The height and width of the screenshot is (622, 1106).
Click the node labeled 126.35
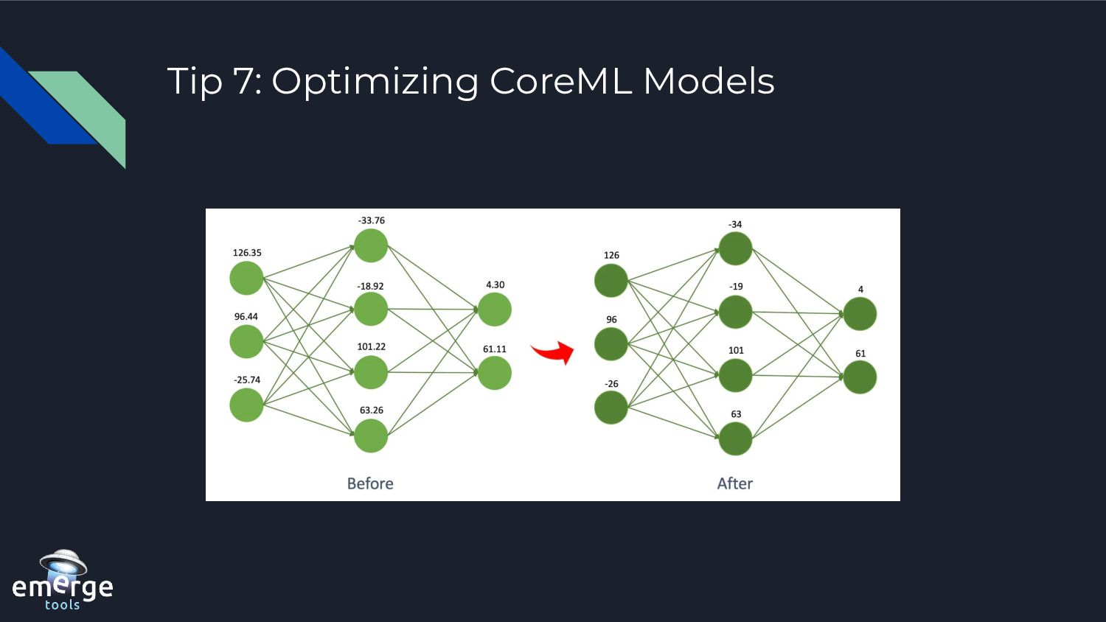(x=246, y=279)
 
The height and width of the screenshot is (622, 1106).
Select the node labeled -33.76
(x=371, y=246)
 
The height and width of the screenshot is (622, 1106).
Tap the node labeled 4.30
(x=495, y=310)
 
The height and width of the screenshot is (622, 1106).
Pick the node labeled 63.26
(x=371, y=436)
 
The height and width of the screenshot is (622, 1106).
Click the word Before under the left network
(x=370, y=483)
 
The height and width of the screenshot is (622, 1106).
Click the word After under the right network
(x=734, y=483)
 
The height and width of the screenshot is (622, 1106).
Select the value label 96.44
(x=246, y=317)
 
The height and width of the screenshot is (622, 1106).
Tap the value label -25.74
(x=247, y=380)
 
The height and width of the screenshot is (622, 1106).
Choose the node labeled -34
(x=735, y=249)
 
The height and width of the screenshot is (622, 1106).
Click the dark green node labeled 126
(x=611, y=281)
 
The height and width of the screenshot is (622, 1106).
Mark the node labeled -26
(x=611, y=408)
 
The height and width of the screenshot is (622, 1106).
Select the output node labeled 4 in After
(x=860, y=314)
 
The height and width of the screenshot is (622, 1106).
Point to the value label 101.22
(x=372, y=346)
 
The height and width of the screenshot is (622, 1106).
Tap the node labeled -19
(x=735, y=312)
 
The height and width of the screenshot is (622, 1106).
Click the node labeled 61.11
(x=495, y=373)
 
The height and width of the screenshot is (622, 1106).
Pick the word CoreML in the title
(x=560, y=81)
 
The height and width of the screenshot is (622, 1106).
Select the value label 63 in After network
(x=736, y=414)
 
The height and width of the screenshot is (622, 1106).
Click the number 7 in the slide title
(x=243, y=81)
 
